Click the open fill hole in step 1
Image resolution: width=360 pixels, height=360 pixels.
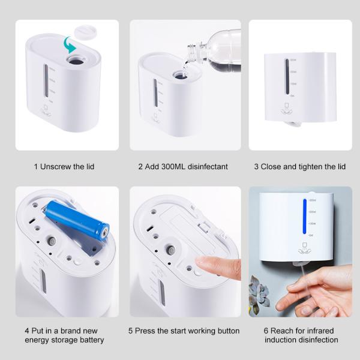coord(75,60)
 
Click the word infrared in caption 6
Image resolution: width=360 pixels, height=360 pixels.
coord(317,331)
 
